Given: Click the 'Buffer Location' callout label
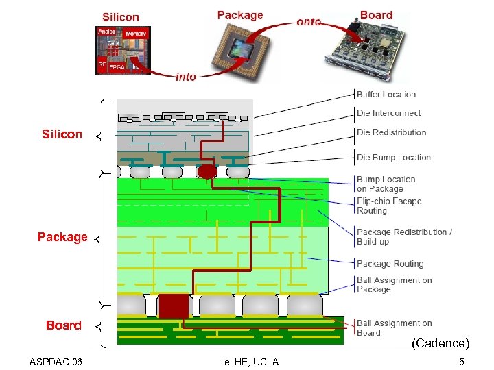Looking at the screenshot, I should point(386,95).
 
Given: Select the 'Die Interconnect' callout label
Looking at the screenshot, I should point(388,113).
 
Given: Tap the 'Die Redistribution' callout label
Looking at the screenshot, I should point(391,132).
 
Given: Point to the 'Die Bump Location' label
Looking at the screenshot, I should point(393,157).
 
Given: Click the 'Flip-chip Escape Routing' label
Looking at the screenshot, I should point(388,206).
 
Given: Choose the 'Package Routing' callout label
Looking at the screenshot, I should point(390,264).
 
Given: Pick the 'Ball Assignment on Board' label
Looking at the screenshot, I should point(394,328).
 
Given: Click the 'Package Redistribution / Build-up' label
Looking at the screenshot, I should point(404,236).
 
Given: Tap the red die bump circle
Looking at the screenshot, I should point(206,169).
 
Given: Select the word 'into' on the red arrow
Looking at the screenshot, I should point(186,77).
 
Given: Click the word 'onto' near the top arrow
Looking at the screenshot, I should point(309,22).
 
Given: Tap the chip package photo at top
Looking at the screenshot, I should point(240,49).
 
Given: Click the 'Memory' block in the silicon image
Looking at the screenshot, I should point(136,34).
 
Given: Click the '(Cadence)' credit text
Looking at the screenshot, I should point(440,343).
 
